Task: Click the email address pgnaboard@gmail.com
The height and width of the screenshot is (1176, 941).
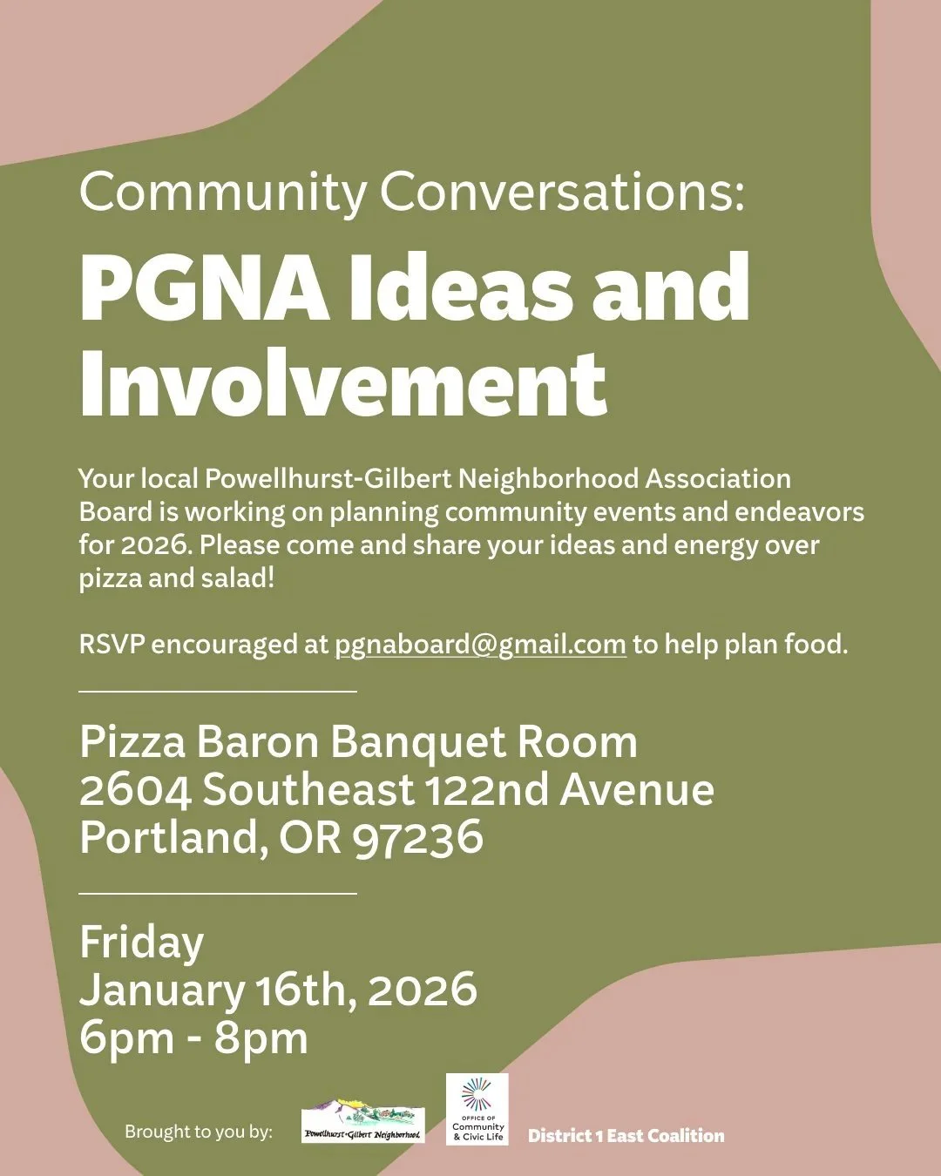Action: [480, 645]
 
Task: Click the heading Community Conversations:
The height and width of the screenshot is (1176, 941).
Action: [412, 192]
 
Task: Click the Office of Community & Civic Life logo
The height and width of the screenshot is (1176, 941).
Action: [477, 1109]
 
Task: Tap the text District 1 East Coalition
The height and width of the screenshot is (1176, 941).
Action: [626, 1136]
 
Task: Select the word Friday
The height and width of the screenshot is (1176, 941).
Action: [142, 943]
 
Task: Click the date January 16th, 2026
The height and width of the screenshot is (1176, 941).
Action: [278, 990]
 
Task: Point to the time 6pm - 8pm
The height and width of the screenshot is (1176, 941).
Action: [193, 1037]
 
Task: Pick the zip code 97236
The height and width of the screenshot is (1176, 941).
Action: [418, 838]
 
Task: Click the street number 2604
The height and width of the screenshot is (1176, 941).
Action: [135, 790]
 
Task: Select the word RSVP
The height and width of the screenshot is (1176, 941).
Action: [112, 645]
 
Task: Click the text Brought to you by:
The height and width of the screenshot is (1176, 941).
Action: [199, 1132]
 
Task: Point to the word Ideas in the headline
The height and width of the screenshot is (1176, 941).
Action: [461, 287]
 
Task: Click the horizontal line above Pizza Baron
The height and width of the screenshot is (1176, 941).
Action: [218, 691]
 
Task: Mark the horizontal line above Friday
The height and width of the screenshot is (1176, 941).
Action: [218, 893]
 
